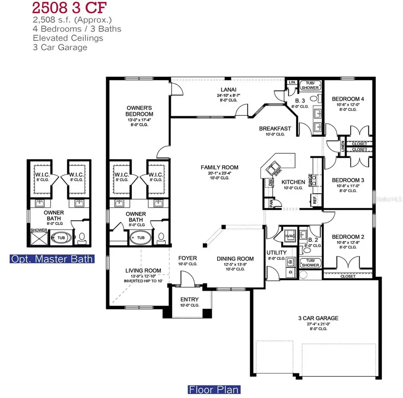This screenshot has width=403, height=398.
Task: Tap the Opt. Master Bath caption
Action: [x=52, y=258]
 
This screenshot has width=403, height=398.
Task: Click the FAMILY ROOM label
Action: [x=219, y=167]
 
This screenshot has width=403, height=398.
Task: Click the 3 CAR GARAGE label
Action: [x=318, y=318]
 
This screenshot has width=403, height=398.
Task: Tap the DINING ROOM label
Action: [x=235, y=258]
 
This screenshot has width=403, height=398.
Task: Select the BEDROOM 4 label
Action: [x=347, y=99]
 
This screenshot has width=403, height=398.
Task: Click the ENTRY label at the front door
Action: [x=189, y=299]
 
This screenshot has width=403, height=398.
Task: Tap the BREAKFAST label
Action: [x=275, y=128]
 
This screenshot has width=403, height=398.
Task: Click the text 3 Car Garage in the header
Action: [x=60, y=47]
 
